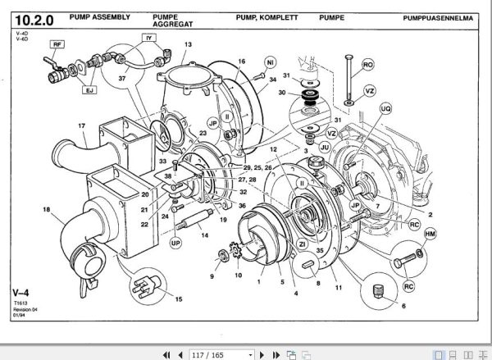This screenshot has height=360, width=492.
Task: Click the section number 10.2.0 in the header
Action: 33,16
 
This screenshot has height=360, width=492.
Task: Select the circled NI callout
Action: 270,62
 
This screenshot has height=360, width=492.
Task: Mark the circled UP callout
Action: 174,243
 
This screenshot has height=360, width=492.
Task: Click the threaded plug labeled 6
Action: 379,290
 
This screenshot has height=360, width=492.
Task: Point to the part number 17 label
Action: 82,125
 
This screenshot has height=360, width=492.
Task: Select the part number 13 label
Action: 188,45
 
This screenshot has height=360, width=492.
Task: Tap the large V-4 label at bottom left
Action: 22,291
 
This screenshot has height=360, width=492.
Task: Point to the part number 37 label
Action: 124,80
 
